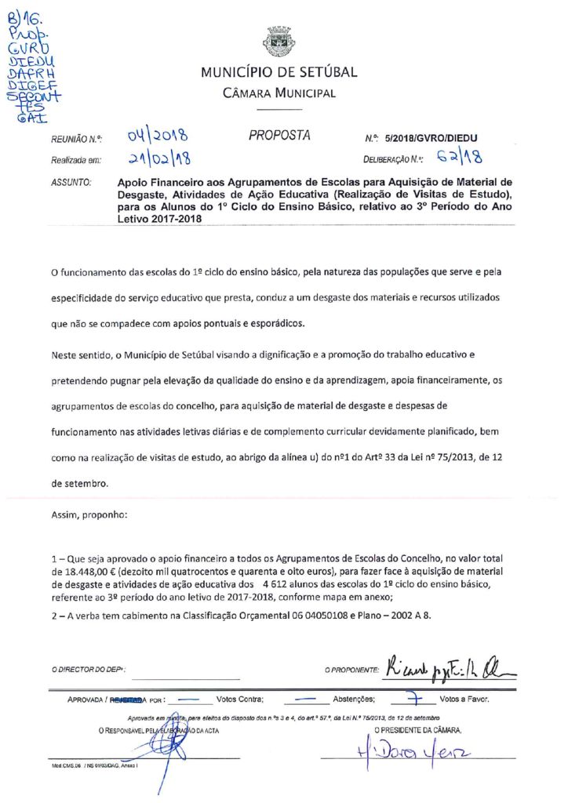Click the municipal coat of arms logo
pyautogui.click(x=279, y=42)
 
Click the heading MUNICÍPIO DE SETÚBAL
pyautogui.click(x=279, y=73)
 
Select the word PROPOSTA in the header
pyautogui.click(x=279, y=135)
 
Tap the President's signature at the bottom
pyautogui.click(x=416, y=758)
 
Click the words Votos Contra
pyautogui.click(x=239, y=698)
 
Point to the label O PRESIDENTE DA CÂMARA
pyautogui.click(x=419, y=730)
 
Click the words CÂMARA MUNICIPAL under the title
pyautogui.click(x=279, y=93)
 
